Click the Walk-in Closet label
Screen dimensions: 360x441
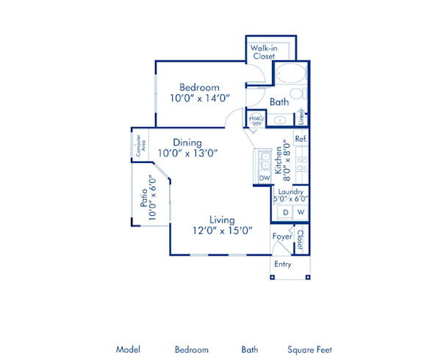coord(262,52)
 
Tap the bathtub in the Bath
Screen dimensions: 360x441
coord(288,75)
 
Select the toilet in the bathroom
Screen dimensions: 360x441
coord(297,94)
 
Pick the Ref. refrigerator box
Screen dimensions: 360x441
coord(301,138)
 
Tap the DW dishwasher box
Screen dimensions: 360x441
coord(264,178)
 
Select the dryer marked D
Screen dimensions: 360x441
coord(285,212)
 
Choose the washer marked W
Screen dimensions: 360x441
coord(301,212)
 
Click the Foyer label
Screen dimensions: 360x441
coord(282,237)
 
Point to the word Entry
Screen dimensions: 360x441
coord(283,264)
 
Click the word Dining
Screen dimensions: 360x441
coord(188,142)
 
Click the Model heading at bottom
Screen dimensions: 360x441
coord(128,350)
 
